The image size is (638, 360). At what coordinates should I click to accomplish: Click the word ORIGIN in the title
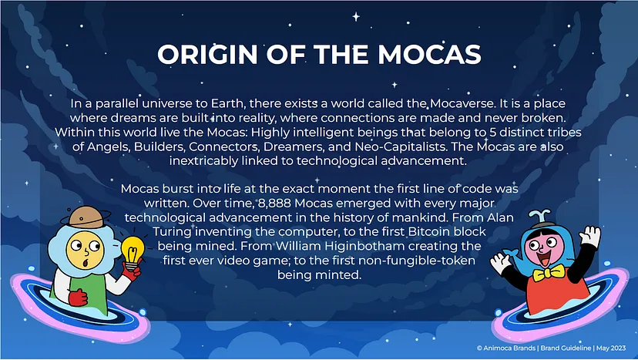[x=207, y=54]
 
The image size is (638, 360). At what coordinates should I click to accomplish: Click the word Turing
[x=172, y=232]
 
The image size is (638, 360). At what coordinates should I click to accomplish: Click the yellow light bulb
[x=133, y=251]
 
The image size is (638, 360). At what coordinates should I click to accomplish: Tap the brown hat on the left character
[x=86, y=217]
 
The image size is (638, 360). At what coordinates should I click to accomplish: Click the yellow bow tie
[x=548, y=272]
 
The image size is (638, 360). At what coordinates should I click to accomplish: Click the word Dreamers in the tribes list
[x=294, y=146]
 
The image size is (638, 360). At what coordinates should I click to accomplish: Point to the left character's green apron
[x=82, y=289]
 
